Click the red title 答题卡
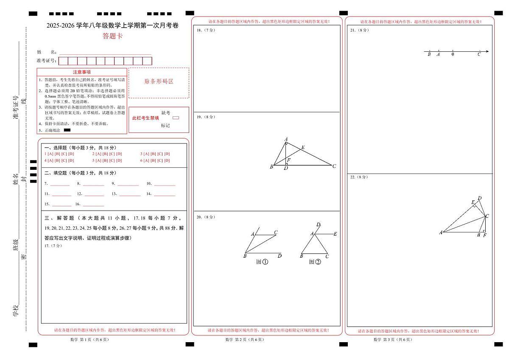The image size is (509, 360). click(x=112, y=36)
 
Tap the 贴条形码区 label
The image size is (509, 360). click(x=159, y=82)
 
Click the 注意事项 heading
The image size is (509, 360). click(x=82, y=72)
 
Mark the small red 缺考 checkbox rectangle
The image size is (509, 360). click(x=176, y=118)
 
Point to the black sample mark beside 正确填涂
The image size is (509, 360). click(x=67, y=130)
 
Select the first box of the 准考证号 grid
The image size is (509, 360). click(x=63, y=61)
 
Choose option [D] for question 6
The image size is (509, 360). click(x=167, y=160)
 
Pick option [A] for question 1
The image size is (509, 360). click(x=50, y=154)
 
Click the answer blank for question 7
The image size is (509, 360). click(x=60, y=184)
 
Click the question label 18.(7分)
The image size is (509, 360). click(x=206, y=30)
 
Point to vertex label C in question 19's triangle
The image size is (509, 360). click(x=334, y=166)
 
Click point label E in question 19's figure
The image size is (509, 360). click(x=303, y=147)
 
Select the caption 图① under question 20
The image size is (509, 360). click(x=262, y=262)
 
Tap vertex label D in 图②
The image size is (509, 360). click(x=318, y=225)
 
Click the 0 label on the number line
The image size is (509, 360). click(x=453, y=54)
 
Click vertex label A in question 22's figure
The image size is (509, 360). click(x=441, y=232)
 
